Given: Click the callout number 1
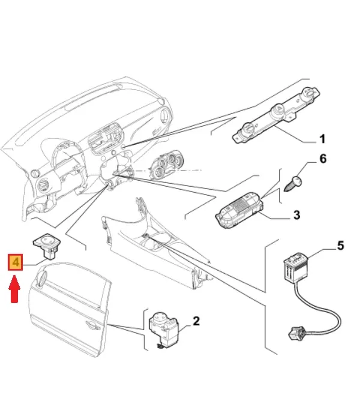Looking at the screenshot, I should click(322, 140).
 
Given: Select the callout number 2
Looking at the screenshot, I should click(196, 322).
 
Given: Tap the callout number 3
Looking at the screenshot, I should click(296, 214).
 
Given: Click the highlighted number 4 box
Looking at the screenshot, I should click(16, 262).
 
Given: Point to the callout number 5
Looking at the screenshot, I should click(341, 245).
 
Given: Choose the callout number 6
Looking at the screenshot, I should click(322, 159).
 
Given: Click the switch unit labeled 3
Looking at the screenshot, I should click(241, 211).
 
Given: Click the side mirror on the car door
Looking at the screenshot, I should click(41, 277).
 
